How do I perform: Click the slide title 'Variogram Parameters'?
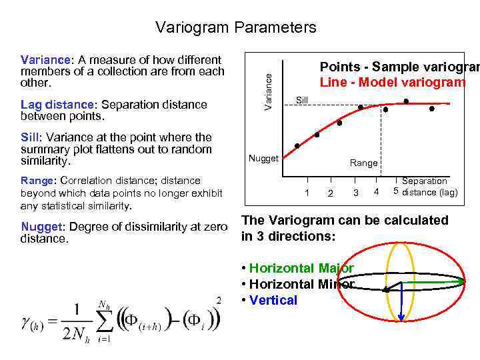point(235,27)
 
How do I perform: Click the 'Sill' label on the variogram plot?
point(302,99)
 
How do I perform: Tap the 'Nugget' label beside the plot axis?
point(263,158)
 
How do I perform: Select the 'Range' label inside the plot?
point(363,163)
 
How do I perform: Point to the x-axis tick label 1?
point(307,193)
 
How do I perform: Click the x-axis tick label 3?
point(355,193)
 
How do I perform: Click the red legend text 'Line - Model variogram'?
point(392,82)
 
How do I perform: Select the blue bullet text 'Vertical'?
point(273,300)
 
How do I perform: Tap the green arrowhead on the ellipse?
point(461,282)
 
